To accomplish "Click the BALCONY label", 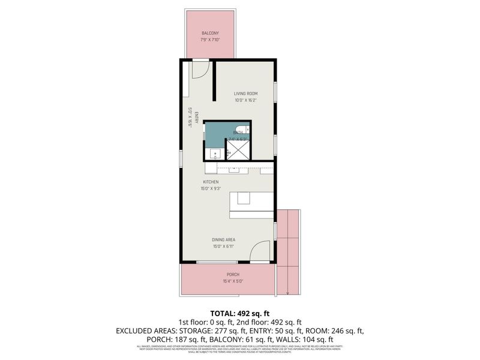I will pos(210,33).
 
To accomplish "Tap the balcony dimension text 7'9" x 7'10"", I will pos(210,40).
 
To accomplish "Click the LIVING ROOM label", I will pos(245,94).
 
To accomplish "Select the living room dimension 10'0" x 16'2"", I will pos(245,100).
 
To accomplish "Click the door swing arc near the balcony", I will pos(200,68).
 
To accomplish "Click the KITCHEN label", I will pos(210,182).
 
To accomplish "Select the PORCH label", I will pos(233,274).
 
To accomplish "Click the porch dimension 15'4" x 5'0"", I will pos(233,281).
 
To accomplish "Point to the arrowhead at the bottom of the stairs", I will pos(288,293).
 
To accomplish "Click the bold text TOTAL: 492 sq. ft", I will pos(240,313).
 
